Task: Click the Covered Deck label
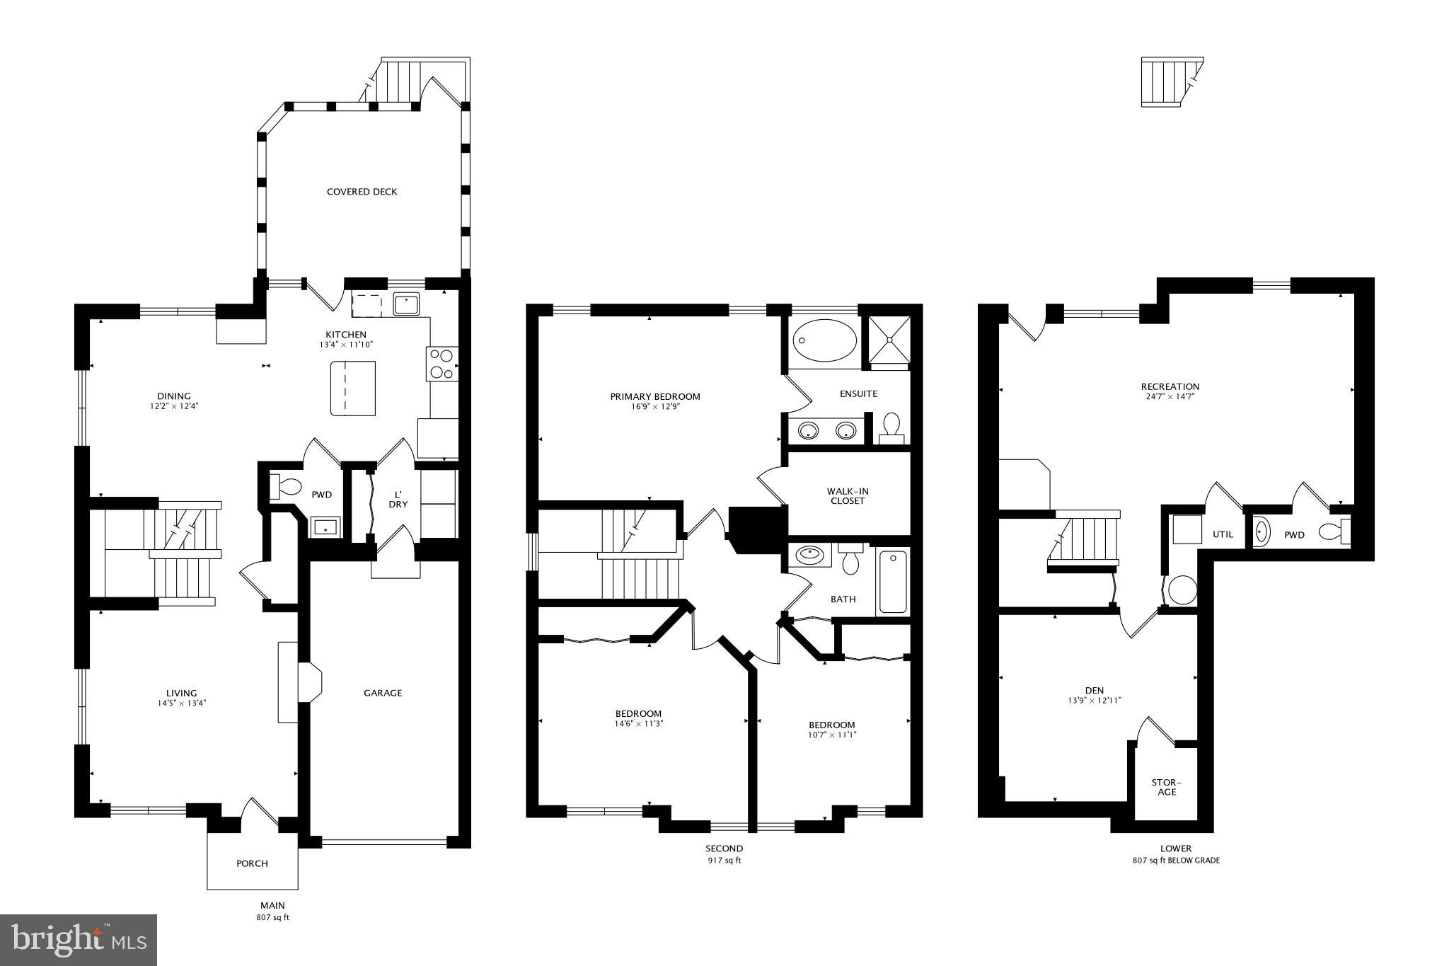[362, 192]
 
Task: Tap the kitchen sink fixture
[406, 304]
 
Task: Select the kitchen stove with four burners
[442, 364]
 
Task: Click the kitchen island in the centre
[352, 388]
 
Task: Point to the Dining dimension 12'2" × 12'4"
[174, 407]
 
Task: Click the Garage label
[383, 693]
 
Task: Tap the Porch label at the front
[252, 863]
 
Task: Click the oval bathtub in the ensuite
[824, 340]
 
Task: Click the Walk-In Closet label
[848, 496]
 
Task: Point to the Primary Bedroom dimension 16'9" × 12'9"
[655, 407]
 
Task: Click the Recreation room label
[1170, 386]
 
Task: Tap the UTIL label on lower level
[1223, 534]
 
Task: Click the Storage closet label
[1167, 787]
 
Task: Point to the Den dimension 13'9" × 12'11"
[1095, 701]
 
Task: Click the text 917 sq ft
[724, 861]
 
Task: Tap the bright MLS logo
[79, 940]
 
